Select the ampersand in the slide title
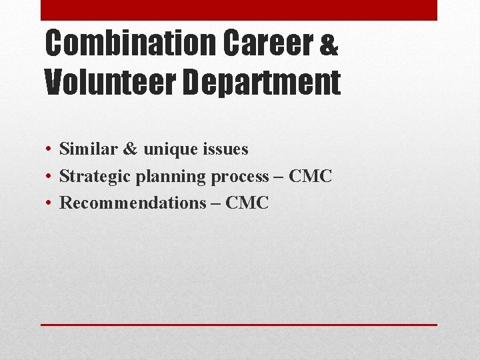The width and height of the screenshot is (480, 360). tap(329, 47)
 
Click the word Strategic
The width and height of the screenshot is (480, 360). tap(95, 177)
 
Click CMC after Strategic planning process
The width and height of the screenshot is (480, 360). tap(310, 177)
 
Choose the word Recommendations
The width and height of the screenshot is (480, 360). tap(133, 203)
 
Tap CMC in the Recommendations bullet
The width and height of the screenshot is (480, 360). tap(247, 203)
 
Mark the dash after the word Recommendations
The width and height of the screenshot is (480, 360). tap(215, 204)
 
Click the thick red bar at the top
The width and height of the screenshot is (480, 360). tap(239, 10)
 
